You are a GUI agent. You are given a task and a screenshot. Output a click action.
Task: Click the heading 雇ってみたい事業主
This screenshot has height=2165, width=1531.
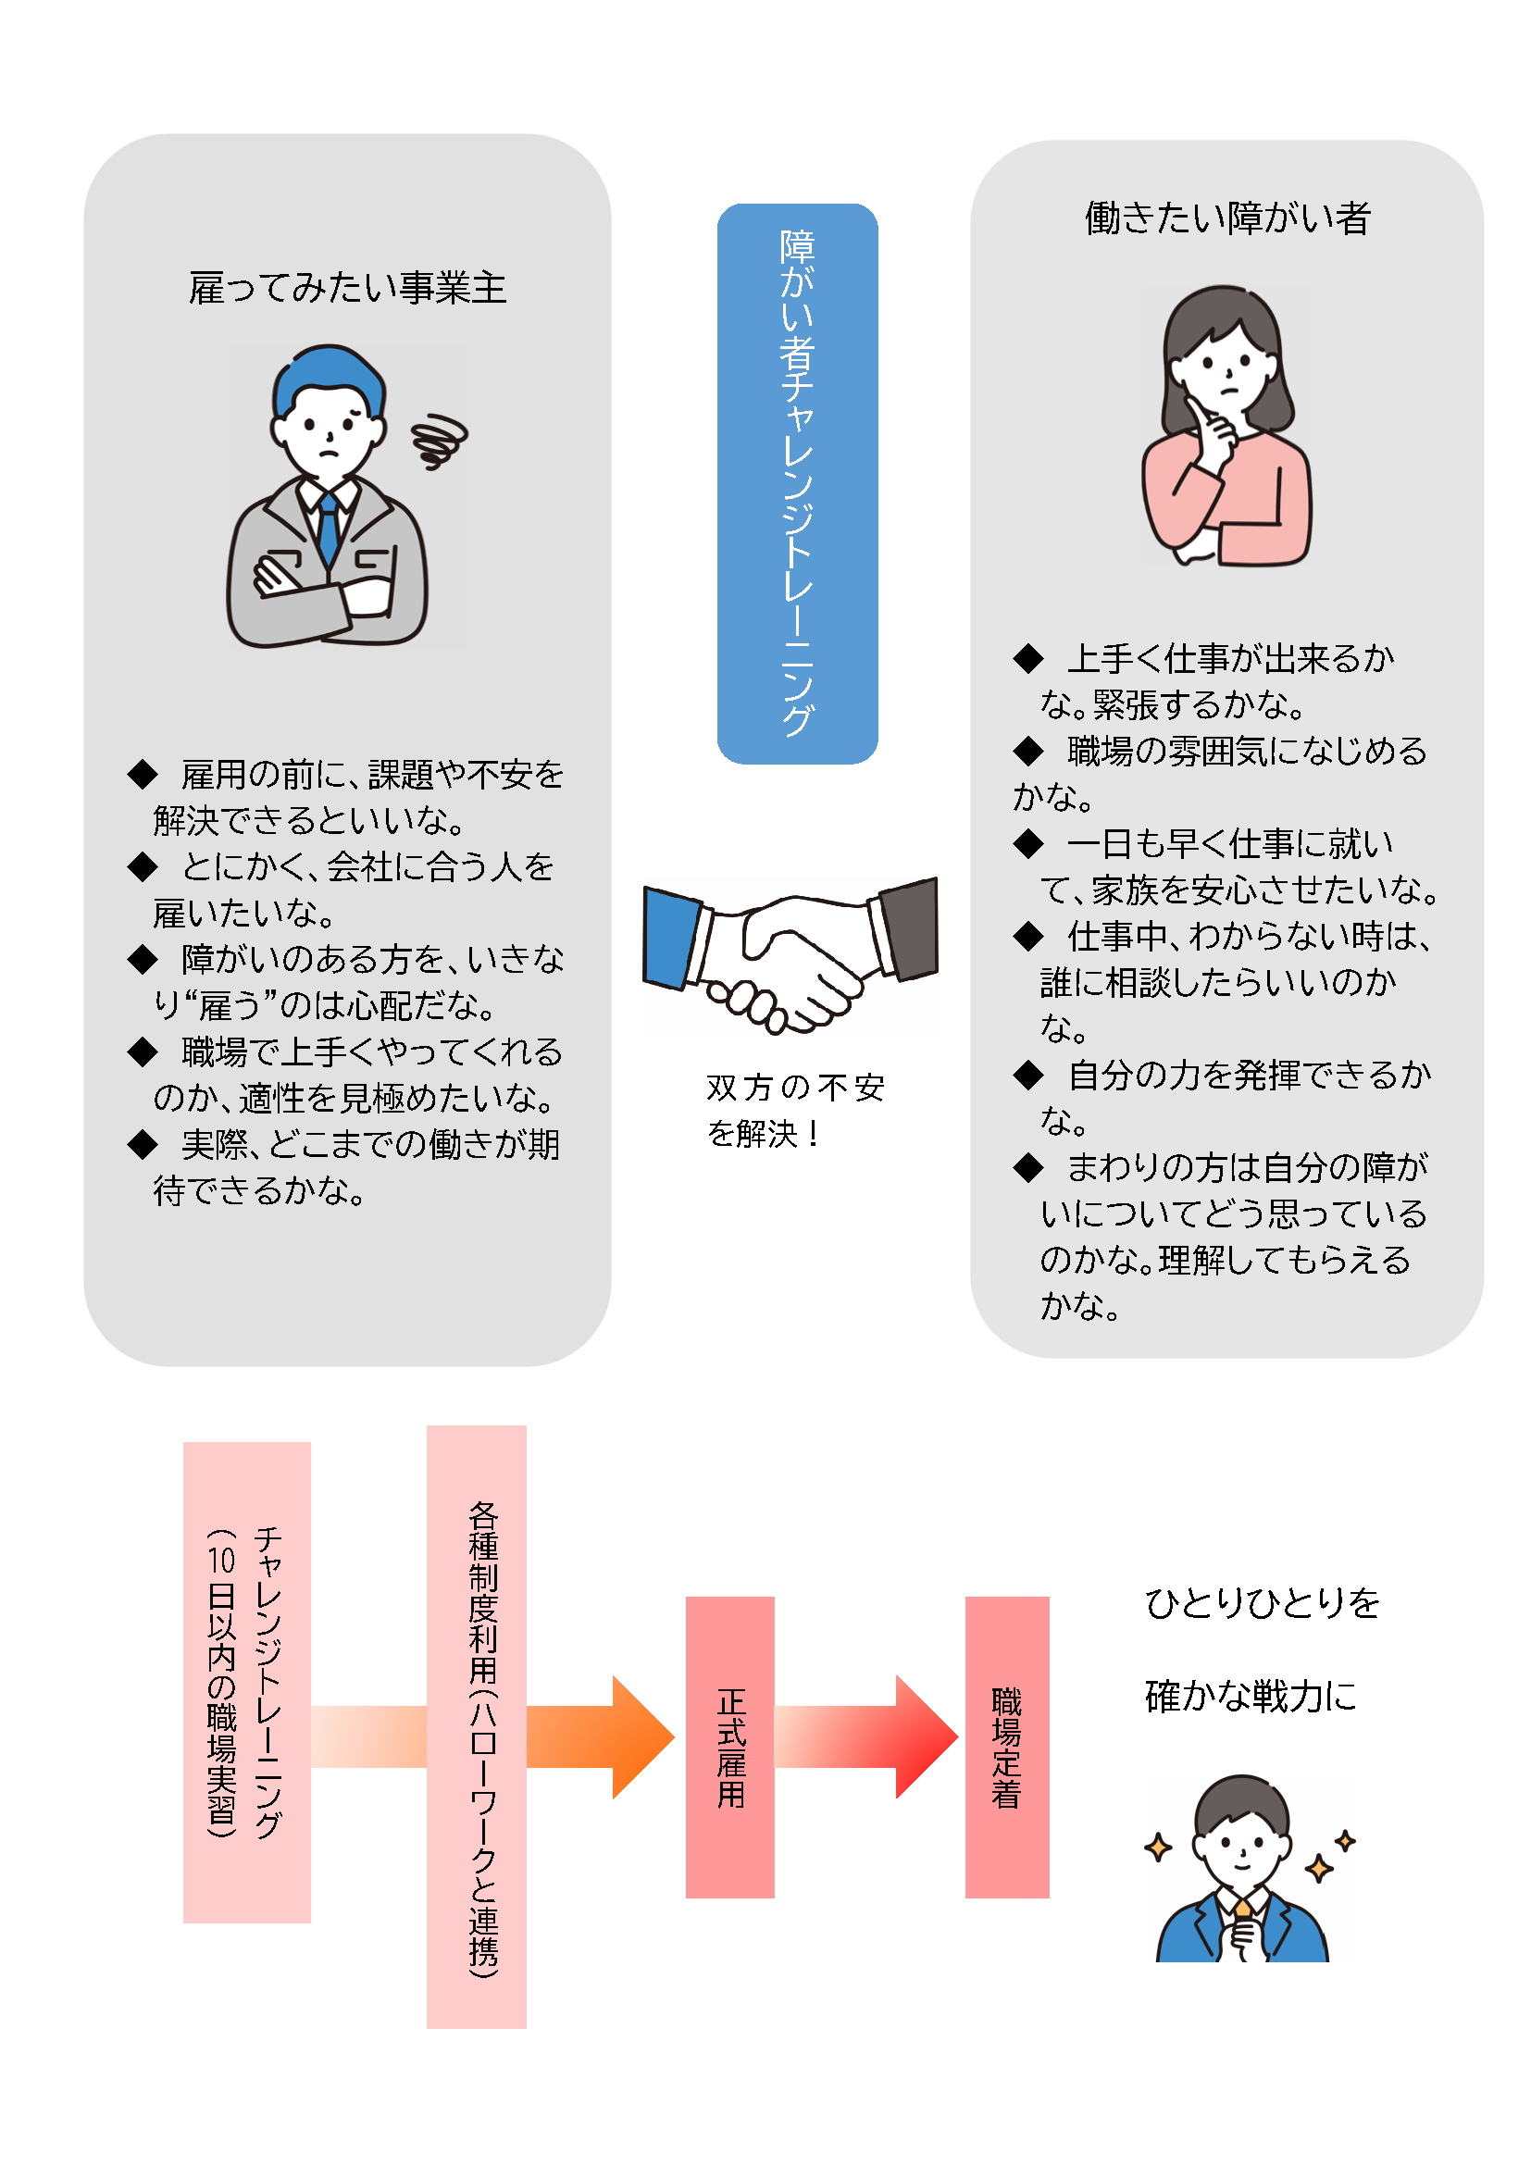348,288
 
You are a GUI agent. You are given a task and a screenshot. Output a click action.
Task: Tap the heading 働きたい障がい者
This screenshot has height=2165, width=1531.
1227,218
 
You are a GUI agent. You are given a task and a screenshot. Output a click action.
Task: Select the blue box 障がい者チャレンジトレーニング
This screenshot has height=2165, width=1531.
798,484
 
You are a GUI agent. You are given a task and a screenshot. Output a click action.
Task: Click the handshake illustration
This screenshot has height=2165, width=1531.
790,954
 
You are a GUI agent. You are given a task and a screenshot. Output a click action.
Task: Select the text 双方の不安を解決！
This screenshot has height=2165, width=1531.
796,1110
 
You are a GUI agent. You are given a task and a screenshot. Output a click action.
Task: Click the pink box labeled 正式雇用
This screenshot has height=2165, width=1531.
729,1747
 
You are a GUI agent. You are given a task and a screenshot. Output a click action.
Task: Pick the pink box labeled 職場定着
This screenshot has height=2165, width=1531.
1007,1747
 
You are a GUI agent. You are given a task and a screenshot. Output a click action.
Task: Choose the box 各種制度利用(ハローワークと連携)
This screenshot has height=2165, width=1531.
476,1726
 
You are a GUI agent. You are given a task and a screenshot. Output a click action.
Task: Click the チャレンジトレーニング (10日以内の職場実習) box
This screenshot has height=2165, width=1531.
247,1682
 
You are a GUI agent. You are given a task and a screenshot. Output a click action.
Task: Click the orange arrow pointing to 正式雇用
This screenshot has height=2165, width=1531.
601,1736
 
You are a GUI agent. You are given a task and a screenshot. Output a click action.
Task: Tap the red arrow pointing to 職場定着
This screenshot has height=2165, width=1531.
867,1736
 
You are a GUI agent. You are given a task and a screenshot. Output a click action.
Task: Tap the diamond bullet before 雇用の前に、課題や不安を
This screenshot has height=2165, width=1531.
143,774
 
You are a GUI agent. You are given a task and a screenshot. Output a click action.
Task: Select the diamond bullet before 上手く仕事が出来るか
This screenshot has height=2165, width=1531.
1028,658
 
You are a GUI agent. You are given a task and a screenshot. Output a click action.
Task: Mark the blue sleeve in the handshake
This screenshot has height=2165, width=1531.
672,939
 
